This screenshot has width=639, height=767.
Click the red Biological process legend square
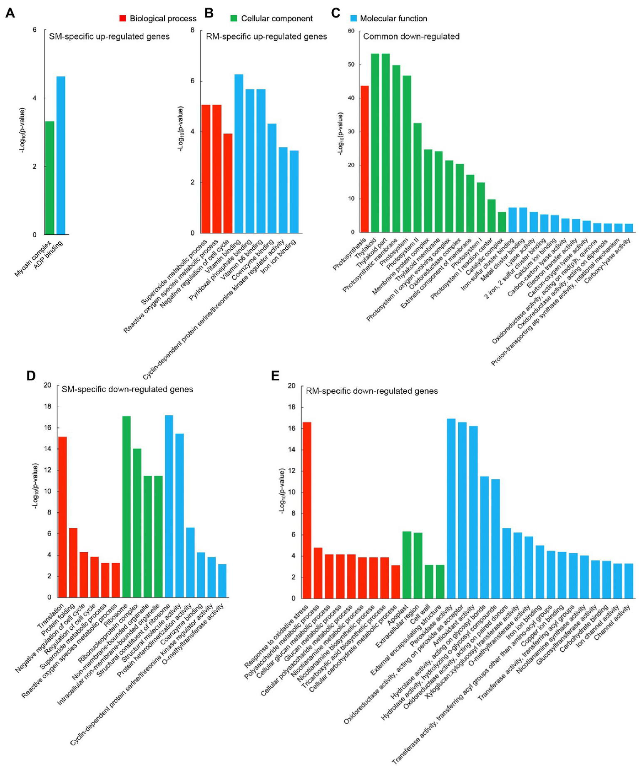click(x=122, y=18)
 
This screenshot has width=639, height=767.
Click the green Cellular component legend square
click(x=234, y=18)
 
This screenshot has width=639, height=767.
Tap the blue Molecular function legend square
click(x=353, y=18)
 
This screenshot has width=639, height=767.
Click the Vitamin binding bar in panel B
click(x=239, y=154)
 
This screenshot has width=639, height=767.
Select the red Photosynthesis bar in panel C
click(x=365, y=159)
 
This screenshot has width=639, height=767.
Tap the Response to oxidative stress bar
click(x=307, y=510)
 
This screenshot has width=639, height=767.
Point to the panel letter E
click(x=275, y=376)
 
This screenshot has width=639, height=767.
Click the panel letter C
click(x=336, y=13)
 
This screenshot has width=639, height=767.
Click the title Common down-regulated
click(x=411, y=37)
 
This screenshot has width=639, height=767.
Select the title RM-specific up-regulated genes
click(x=266, y=37)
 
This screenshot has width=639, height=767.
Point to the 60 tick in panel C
click(x=351, y=31)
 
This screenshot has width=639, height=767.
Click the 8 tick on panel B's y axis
click(x=192, y=30)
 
